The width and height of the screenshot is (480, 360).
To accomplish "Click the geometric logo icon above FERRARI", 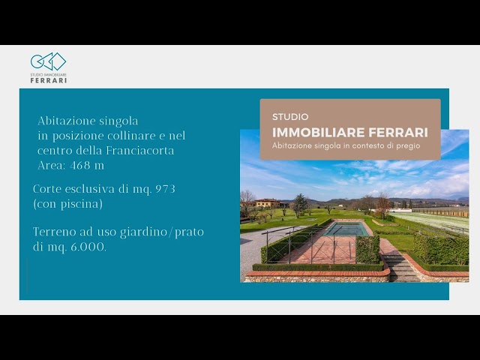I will pyautogui.click(x=48, y=61).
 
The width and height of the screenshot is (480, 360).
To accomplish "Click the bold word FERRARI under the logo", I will pyautogui.click(x=49, y=80).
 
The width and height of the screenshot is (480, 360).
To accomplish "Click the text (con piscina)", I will pyautogui.click(x=67, y=203).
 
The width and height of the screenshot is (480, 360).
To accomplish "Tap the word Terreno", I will pyautogui.click(x=54, y=232).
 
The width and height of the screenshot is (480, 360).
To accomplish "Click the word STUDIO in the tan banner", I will pyautogui.click(x=290, y=117).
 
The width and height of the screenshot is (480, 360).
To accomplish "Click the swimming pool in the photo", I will pyautogui.click(x=346, y=229).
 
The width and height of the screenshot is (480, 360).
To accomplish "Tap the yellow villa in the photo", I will pyautogui.click(x=268, y=202).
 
